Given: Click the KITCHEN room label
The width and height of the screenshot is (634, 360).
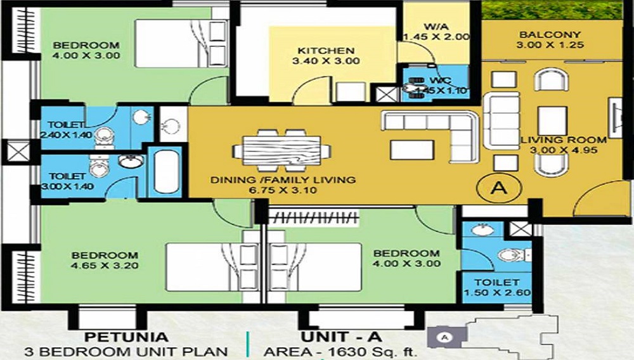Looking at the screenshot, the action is pyautogui.click(x=326, y=51).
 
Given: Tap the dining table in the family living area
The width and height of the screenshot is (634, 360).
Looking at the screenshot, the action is pyautogui.click(x=282, y=150).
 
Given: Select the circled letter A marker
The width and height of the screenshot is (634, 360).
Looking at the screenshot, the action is pyautogui.click(x=499, y=188).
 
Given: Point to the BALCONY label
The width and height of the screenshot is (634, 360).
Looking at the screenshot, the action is pyautogui.click(x=550, y=35).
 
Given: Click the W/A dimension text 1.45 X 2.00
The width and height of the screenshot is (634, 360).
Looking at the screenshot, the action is pyautogui.click(x=437, y=37).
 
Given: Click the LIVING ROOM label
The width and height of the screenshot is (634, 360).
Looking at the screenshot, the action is pyautogui.click(x=563, y=140).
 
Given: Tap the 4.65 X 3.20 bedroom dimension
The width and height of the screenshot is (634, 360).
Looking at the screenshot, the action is pyautogui.click(x=105, y=266).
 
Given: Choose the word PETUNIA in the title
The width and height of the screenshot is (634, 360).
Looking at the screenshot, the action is pyautogui.click(x=126, y=337).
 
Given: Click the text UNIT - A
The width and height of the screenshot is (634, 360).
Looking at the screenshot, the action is pyautogui.click(x=341, y=337).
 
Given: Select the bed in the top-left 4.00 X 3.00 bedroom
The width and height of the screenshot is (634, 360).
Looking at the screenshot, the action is pyautogui.click(x=181, y=43).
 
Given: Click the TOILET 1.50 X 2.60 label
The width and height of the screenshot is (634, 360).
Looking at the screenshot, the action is pyautogui.click(x=497, y=287).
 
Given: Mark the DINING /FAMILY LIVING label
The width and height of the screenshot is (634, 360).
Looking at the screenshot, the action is pyautogui.click(x=283, y=180).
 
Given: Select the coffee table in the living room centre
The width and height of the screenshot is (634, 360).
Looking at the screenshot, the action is pyautogui.click(x=552, y=121).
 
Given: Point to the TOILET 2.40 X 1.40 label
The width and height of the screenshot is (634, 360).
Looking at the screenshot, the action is pyautogui.click(x=67, y=130).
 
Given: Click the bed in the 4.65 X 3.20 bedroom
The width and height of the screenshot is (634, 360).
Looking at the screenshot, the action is pyautogui.click(x=212, y=267).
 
